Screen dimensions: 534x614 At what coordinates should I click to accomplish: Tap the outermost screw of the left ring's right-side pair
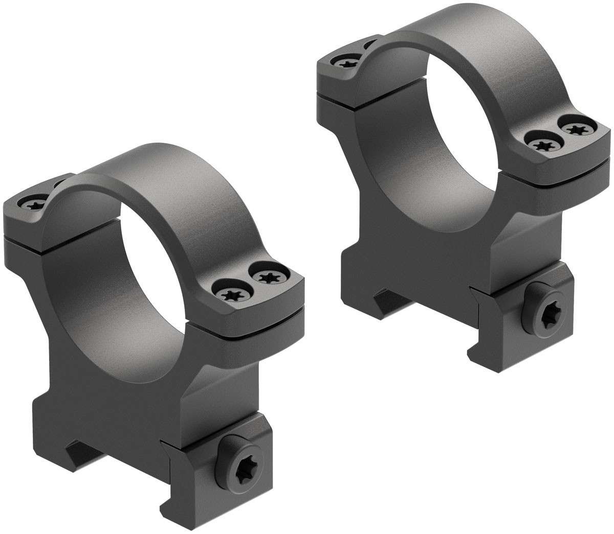click(x=267, y=277)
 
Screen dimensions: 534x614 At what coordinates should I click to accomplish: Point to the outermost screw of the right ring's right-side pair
click(x=577, y=127)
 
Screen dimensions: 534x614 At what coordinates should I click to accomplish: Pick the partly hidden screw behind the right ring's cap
click(x=370, y=45)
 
